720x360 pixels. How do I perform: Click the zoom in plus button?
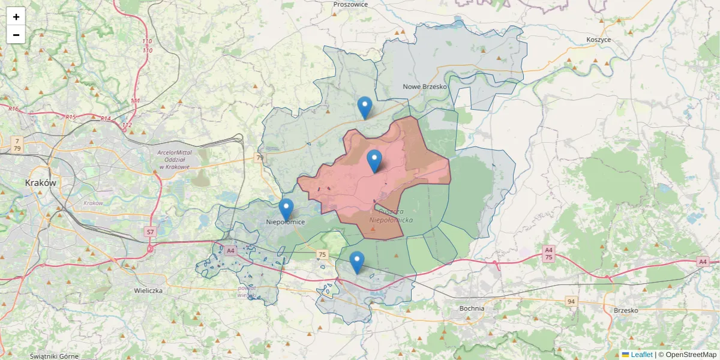point(16,17)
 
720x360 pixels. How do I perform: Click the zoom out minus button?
point(16,35)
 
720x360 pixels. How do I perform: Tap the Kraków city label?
point(40,182)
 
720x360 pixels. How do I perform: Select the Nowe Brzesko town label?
point(425,86)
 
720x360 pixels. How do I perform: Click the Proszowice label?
point(350,4)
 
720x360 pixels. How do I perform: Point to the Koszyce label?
point(598,40)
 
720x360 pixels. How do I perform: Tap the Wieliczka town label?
point(148,290)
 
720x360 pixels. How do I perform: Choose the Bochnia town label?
point(471,308)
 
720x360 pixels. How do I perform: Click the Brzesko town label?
point(626,310)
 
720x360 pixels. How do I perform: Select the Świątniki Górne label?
point(54,356)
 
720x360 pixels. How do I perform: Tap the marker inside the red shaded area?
point(374,161)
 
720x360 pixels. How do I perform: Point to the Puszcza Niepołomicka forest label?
point(392,216)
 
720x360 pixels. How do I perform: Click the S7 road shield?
point(150,232)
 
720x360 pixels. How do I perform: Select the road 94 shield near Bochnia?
point(571,301)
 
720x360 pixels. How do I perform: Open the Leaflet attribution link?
point(641,355)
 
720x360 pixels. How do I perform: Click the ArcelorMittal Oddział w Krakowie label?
point(174,160)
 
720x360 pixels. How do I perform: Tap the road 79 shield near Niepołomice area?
point(259,158)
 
